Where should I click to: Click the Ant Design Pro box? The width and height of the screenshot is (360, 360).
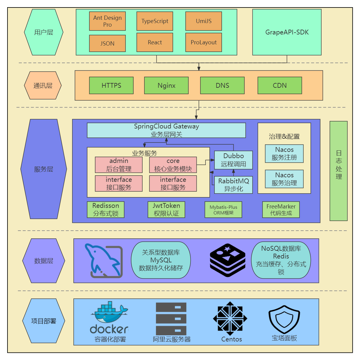(x=107, y=21)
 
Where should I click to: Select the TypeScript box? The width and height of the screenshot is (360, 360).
(x=155, y=21)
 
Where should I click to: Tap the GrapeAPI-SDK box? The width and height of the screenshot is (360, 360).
(x=287, y=32)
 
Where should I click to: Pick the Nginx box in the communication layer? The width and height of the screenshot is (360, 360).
(x=166, y=86)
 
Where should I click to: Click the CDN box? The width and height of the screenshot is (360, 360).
(x=279, y=86)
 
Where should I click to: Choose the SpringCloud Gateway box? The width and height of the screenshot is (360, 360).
(x=166, y=130)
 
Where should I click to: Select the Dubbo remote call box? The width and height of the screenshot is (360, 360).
(x=233, y=160)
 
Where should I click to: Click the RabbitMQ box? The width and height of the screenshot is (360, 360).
(x=233, y=185)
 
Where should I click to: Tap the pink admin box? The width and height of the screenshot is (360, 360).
(x=119, y=165)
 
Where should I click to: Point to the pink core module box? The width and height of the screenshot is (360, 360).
(x=173, y=165)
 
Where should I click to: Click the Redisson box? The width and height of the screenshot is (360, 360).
(x=105, y=210)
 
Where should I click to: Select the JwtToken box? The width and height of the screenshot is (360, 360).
(x=166, y=210)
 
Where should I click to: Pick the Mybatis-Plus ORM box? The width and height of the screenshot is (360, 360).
(x=223, y=210)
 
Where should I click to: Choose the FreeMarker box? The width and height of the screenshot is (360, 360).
(x=281, y=210)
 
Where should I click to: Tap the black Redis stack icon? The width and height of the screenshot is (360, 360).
(x=228, y=260)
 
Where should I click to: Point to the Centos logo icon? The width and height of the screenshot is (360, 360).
(x=230, y=318)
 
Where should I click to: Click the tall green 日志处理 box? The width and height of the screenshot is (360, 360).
(x=338, y=171)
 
